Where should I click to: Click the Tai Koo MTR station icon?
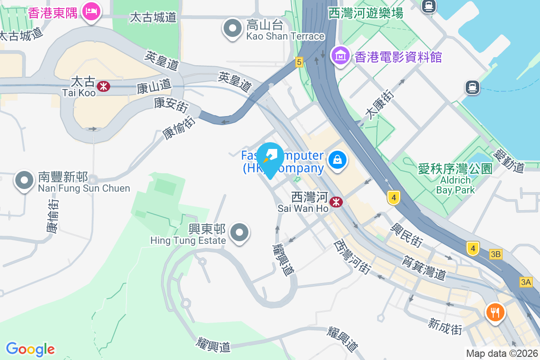click(x=103, y=85)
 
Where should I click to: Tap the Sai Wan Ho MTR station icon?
click(x=336, y=202)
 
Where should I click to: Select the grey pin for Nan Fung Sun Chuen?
click(x=24, y=181)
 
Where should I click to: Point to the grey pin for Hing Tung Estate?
click(x=239, y=233)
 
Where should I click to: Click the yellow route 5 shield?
click(x=299, y=62)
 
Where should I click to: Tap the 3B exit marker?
click(x=495, y=255)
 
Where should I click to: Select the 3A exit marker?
click(x=526, y=282)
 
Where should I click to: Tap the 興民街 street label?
click(x=408, y=234)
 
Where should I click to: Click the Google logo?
click(x=30, y=349)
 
